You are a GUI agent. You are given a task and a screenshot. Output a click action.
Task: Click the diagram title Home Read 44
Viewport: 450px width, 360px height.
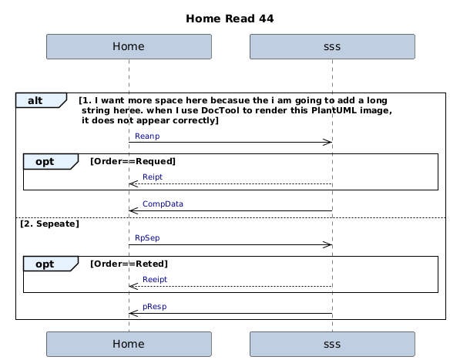tap(230, 19)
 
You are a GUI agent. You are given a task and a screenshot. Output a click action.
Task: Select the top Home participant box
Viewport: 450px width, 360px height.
tap(129, 46)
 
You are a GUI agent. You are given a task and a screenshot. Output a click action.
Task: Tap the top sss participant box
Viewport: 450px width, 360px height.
tap(332, 46)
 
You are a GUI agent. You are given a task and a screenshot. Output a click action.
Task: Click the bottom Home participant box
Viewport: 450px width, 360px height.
tap(129, 344)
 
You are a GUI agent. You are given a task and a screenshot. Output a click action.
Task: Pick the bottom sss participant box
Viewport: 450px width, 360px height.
tap(332, 344)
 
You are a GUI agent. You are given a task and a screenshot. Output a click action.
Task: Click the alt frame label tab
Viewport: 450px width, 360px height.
tap(41, 100)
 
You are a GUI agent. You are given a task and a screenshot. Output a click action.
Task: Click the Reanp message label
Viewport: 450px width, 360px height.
tap(147, 136)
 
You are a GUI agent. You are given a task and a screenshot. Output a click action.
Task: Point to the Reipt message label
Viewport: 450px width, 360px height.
tap(153, 177)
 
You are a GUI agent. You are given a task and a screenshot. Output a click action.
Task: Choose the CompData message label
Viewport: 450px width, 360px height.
tap(163, 204)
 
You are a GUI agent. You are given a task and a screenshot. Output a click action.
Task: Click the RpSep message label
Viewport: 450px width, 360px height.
tap(147, 238)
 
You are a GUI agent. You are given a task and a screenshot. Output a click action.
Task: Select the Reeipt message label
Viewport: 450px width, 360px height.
tap(155, 279)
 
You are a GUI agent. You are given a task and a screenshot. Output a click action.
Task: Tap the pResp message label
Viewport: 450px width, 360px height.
tap(154, 307)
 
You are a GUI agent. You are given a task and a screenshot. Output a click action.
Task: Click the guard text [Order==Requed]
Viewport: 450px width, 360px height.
tap(133, 161)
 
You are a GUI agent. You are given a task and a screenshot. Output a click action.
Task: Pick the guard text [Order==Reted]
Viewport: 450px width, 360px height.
tap(129, 264)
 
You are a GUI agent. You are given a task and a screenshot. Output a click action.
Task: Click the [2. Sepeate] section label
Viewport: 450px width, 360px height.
tap(49, 224)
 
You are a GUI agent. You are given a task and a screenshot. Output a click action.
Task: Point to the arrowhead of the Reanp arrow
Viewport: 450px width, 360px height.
tap(327, 142)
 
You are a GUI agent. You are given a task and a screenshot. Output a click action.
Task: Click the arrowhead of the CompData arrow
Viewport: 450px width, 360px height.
tap(134, 210)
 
